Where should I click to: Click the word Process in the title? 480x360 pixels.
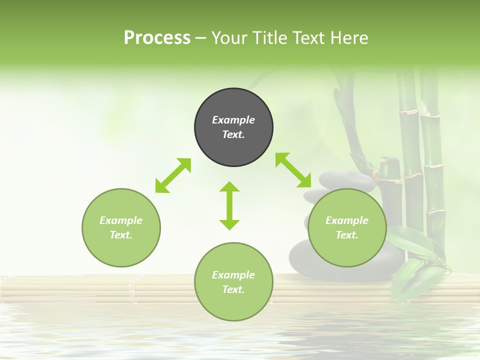[x=157, y=38]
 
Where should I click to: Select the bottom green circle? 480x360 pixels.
[x=233, y=305]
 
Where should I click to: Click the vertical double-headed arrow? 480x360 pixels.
[x=229, y=205]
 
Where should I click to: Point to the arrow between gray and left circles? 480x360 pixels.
[x=173, y=175]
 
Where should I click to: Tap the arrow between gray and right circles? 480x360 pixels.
[x=293, y=170]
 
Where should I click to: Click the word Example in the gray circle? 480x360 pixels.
[x=233, y=120]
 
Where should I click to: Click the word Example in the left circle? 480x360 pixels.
[x=121, y=220]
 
